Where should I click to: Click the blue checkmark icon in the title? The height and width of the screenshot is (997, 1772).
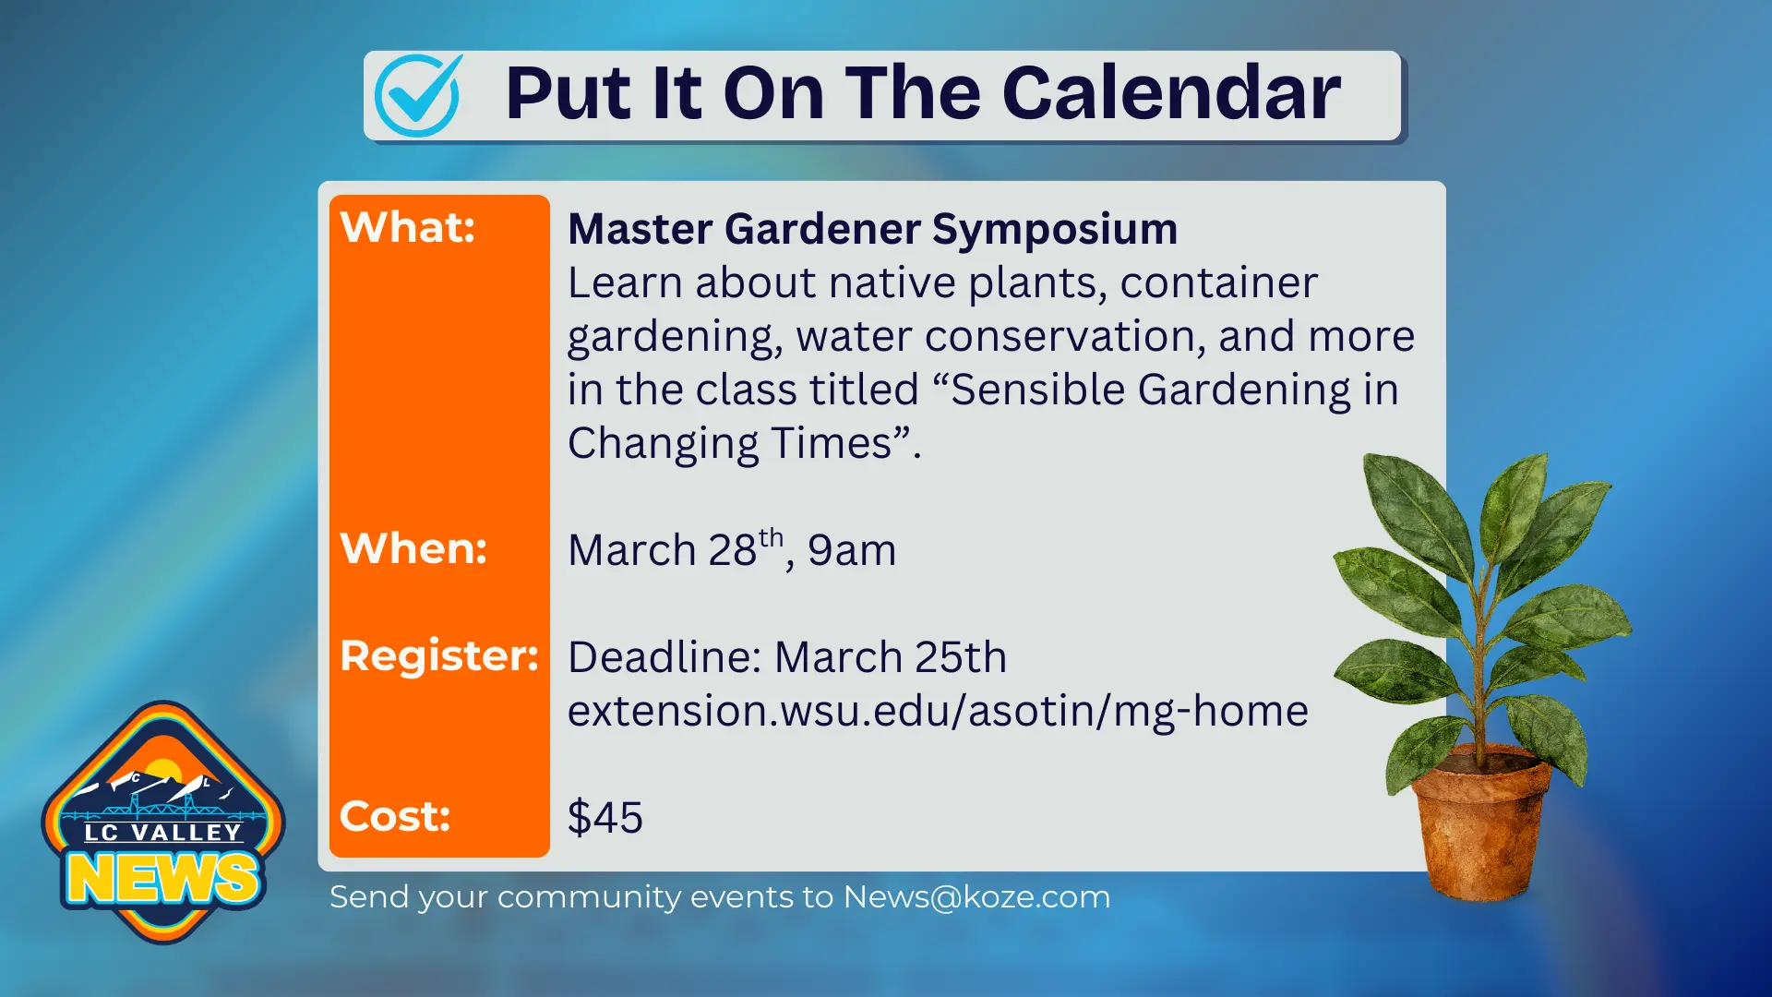point(417,95)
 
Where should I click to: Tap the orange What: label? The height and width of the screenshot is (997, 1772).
point(407,227)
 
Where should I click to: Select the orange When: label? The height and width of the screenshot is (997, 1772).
point(413,548)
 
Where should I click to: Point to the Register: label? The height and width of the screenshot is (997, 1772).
point(438,656)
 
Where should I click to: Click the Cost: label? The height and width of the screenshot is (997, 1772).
point(395,816)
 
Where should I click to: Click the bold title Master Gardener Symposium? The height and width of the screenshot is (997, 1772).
point(872,229)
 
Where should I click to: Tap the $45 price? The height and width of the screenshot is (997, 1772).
point(605,818)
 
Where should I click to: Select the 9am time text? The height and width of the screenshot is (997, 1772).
point(851,551)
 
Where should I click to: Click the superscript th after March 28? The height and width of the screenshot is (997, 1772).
point(771,538)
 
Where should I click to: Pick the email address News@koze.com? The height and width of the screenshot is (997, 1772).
point(976,897)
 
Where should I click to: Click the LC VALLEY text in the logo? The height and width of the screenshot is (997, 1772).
point(163,833)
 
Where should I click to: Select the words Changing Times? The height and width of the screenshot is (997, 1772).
point(729,444)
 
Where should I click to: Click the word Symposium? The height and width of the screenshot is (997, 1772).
point(1054,229)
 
